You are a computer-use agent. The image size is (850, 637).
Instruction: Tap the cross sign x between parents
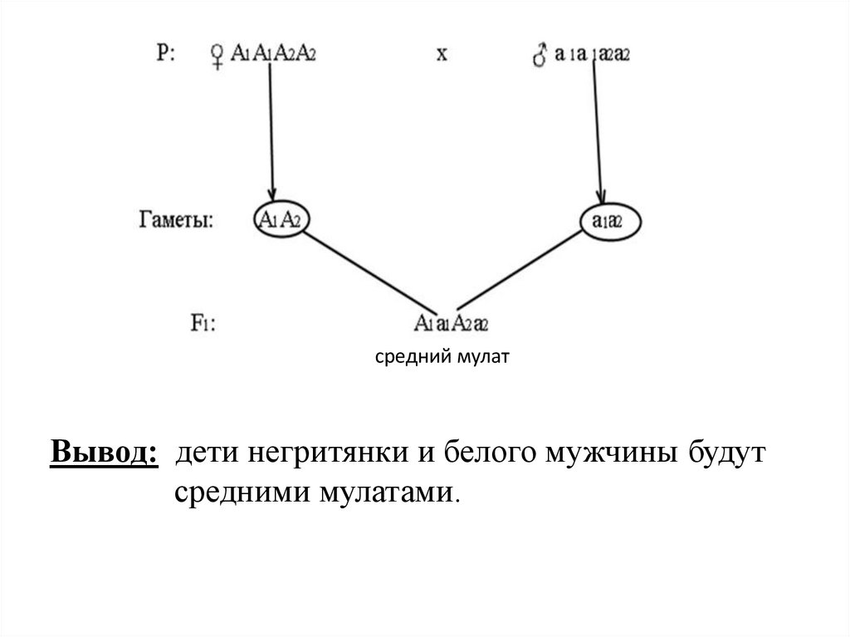(442, 55)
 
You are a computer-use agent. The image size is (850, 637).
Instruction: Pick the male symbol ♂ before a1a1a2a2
(540, 56)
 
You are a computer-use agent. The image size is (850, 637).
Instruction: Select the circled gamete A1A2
(279, 220)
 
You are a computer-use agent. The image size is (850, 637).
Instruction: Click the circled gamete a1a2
(609, 221)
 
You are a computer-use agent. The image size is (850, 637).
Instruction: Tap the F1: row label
(203, 322)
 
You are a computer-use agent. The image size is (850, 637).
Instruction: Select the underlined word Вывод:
(105, 454)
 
